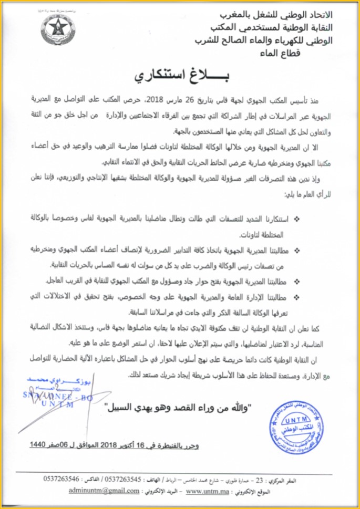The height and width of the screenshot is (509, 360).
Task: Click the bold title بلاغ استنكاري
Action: pos(180,75)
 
